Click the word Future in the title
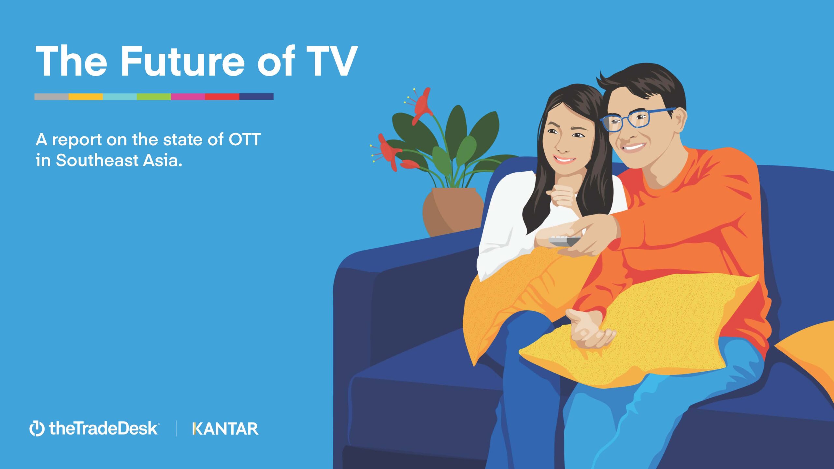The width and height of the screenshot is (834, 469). pyautogui.click(x=183, y=61)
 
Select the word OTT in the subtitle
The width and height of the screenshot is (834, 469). pyautogui.click(x=244, y=140)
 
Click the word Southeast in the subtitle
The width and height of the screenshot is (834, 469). pyautogui.click(x=97, y=160)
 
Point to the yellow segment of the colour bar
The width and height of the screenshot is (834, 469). pyautogui.click(x=86, y=96)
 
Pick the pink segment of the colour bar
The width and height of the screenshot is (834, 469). pyautogui.click(x=188, y=96)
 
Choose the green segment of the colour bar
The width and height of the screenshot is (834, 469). pyautogui.click(x=154, y=96)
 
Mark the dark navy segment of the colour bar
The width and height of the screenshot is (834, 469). pyautogui.click(x=256, y=96)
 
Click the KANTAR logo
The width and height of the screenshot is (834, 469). pyautogui.click(x=225, y=429)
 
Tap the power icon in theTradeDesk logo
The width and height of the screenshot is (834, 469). pyautogui.click(x=37, y=428)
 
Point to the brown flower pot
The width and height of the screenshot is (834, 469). pyautogui.click(x=453, y=212)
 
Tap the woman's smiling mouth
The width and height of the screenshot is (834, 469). pyautogui.click(x=564, y=160)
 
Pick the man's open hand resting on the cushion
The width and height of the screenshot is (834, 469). pyautogui.click(x=590, y=329)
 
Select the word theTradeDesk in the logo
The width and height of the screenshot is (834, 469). pyautogui.click(x=104, y=428)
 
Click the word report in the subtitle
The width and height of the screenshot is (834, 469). pyautogui.click(x=77, y=140)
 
